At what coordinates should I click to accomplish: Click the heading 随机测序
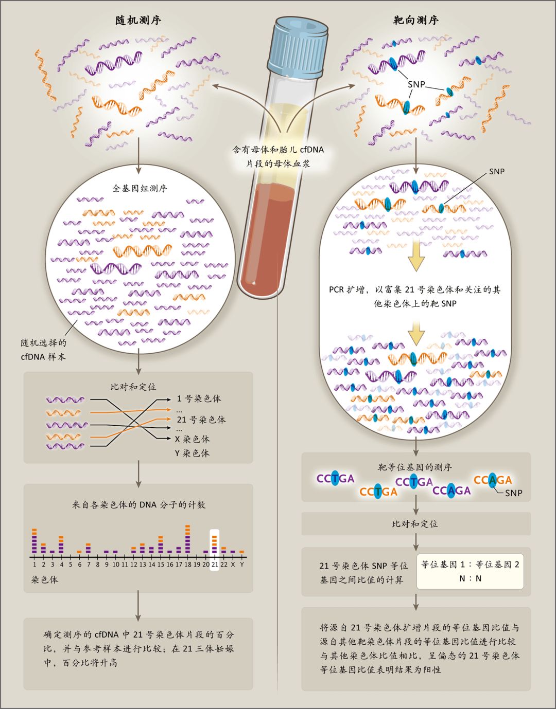pyautogui.click(x=138, y=21)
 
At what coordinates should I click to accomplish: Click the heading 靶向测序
pyautogui.click(x=415, y=21)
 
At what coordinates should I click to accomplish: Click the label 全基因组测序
pyautogui.click(x=140, y=188)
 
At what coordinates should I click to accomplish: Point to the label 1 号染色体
pyautogui.click(x=199, y=398)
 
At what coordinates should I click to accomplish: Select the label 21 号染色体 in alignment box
pyautogui.click(x=201, y=420)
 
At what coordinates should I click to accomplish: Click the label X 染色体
pyautogui.click(x=193, y=439)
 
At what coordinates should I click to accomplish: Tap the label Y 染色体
pyautogui.click(x=193, y=453)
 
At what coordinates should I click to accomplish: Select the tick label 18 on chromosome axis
pyautogui.click(x=187, y=565)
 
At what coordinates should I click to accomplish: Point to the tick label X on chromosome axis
pyautogui.click(x=233, y=565)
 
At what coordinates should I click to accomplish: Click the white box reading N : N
pyautogui.click(x=470, y=571)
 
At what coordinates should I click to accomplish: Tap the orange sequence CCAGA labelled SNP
pyautogui.click(x=493, y=480)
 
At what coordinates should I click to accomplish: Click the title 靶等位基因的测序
pyautogui.click(x=415, y=467)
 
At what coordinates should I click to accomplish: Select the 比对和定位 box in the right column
pyautogui.click(x=415, y=524)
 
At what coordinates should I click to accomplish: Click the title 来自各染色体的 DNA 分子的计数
pyautogui.click(x=138, y=505)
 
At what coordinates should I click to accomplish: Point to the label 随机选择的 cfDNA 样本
pyautogui.click(x=43, y=350)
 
